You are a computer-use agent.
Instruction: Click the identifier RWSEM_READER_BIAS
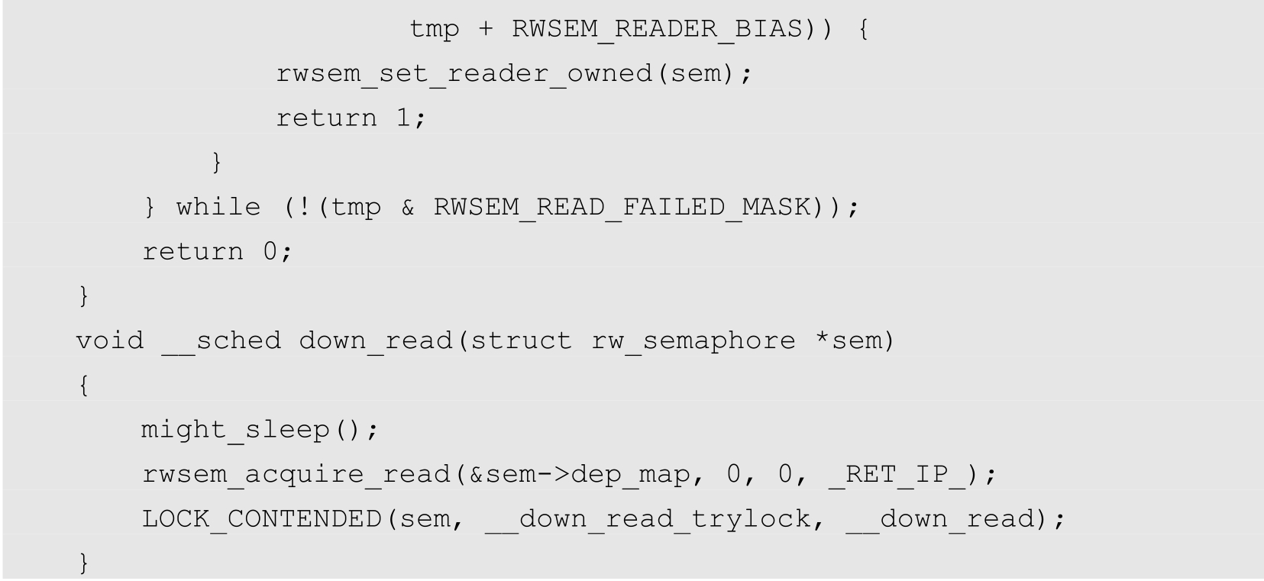pyautogui.click(x=658, y=29)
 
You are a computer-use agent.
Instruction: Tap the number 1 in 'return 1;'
pyautogui.click(x=403, y=118)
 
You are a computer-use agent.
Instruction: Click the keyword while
pyautogui.click(x=218, y=207)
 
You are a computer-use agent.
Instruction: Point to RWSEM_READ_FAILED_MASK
pyautogui.click(x=623, y=207)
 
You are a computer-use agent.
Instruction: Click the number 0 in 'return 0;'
pyautogui.click(x=270, y=252)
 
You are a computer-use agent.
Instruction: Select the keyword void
pyautogui.click(x=110, y=341)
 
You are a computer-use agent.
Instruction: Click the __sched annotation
pyautogui.click(x=221, y=341)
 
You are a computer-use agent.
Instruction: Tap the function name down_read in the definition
pyautogui.click(x=376, y=341)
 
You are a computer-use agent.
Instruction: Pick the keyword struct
pyautogui.click(x=522, y=341)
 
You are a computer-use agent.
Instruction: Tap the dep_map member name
pyautogui.click(x=631, y=475)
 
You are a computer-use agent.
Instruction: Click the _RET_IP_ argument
pyautogui.click(x=897, y=475)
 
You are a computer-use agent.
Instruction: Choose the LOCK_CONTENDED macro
pyautogui.click(x=262, y=519)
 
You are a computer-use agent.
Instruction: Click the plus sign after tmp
pyautogui.click(x=485, y=29)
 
